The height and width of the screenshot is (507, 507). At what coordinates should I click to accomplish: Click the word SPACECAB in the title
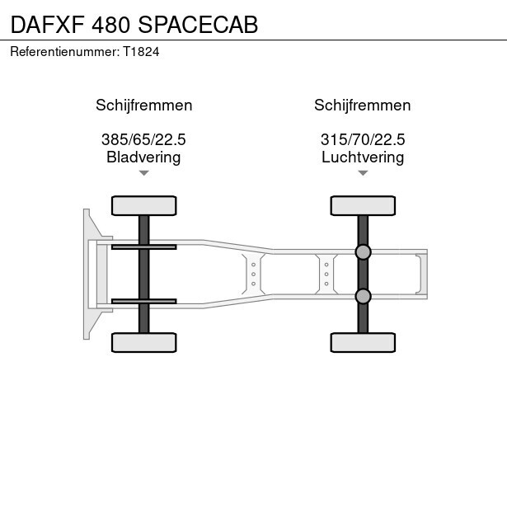pyautogui.click(x=198, y=25)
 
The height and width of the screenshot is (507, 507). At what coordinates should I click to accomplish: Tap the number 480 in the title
pyautogui.click(x=111, y=25)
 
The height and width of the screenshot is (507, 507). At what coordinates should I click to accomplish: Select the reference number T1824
pyautogui.click(x=141, y=52)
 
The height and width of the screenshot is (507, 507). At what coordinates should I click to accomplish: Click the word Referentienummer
pyautogui.click(x=64, y=52)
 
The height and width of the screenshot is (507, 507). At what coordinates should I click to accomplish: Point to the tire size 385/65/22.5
pyautogui.click(x=143, y=139)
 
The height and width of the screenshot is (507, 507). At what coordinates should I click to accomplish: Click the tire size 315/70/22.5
pyautogui.click(x=363, y=139)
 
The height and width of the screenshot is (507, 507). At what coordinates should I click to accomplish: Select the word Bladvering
pyautogui.click(x=143, y=157)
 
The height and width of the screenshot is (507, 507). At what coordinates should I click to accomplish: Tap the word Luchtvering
pyautogui.click(x=363, y=157)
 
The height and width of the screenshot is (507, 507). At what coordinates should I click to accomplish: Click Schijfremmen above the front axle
pyautogui.click(x=144, y=105)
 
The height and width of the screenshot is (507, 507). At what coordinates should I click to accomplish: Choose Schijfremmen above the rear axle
pyautogui.click(x=363, y=105)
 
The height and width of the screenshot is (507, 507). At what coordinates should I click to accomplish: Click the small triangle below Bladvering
pyautogui.click(x=144, y=173)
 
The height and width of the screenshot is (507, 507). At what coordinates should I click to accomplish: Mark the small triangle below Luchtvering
pyautogui.click(x=363, y=173)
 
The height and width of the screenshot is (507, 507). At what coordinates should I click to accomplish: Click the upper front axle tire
pyautogui.click(x=144, y=205)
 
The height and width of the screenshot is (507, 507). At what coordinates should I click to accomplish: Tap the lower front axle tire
pyautogui.click(x=144, y=342)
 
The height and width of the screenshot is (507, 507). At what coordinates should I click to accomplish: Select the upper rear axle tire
pyautogui.click(x=363, y=205)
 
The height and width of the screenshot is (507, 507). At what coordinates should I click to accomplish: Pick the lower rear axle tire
pyautogui.click(x=363, y=342)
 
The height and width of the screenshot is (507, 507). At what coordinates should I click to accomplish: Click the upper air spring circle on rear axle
pyautogui.click(x=363, y=252)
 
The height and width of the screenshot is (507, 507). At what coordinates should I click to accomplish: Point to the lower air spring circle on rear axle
pyautogui.click(x=363, y=296)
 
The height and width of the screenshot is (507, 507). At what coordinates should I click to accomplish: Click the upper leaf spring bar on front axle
pyautogui.click(x=144, y=247)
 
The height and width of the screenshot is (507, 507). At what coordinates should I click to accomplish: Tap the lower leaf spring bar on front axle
pyautogui.click(x=144, y=302)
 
